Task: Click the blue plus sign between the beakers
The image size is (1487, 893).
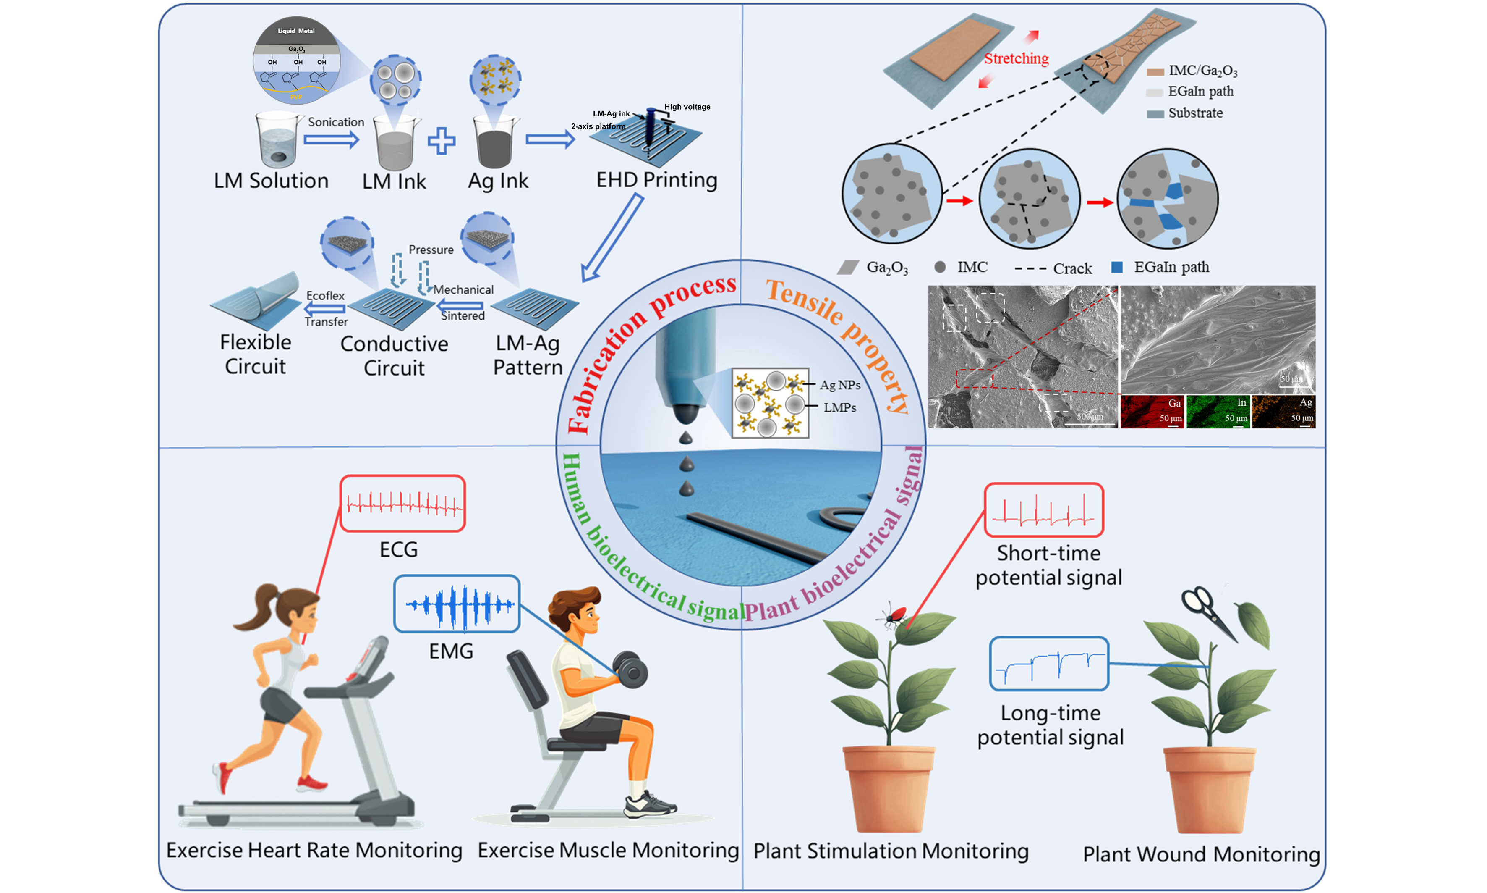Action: [442, 141]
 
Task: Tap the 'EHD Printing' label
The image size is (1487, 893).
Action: [656, 180]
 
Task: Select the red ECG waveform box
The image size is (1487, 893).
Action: [402, 504]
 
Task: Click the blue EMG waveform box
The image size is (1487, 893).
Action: [456, 604]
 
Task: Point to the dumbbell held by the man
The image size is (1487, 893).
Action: [630, 669]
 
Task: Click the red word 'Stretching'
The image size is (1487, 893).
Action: [1016, 58]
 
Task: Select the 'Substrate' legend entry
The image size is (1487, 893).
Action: [1195, 113]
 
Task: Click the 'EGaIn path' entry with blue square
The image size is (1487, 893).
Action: [1170, 267]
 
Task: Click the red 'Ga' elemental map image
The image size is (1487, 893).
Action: [1152, 412]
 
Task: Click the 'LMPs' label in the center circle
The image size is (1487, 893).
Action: [839, 408]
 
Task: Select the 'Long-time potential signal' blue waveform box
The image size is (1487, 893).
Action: [1049, 664]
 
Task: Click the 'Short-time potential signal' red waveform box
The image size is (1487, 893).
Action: [1043, 510]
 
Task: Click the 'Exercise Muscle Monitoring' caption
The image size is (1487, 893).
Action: [608, 850]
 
